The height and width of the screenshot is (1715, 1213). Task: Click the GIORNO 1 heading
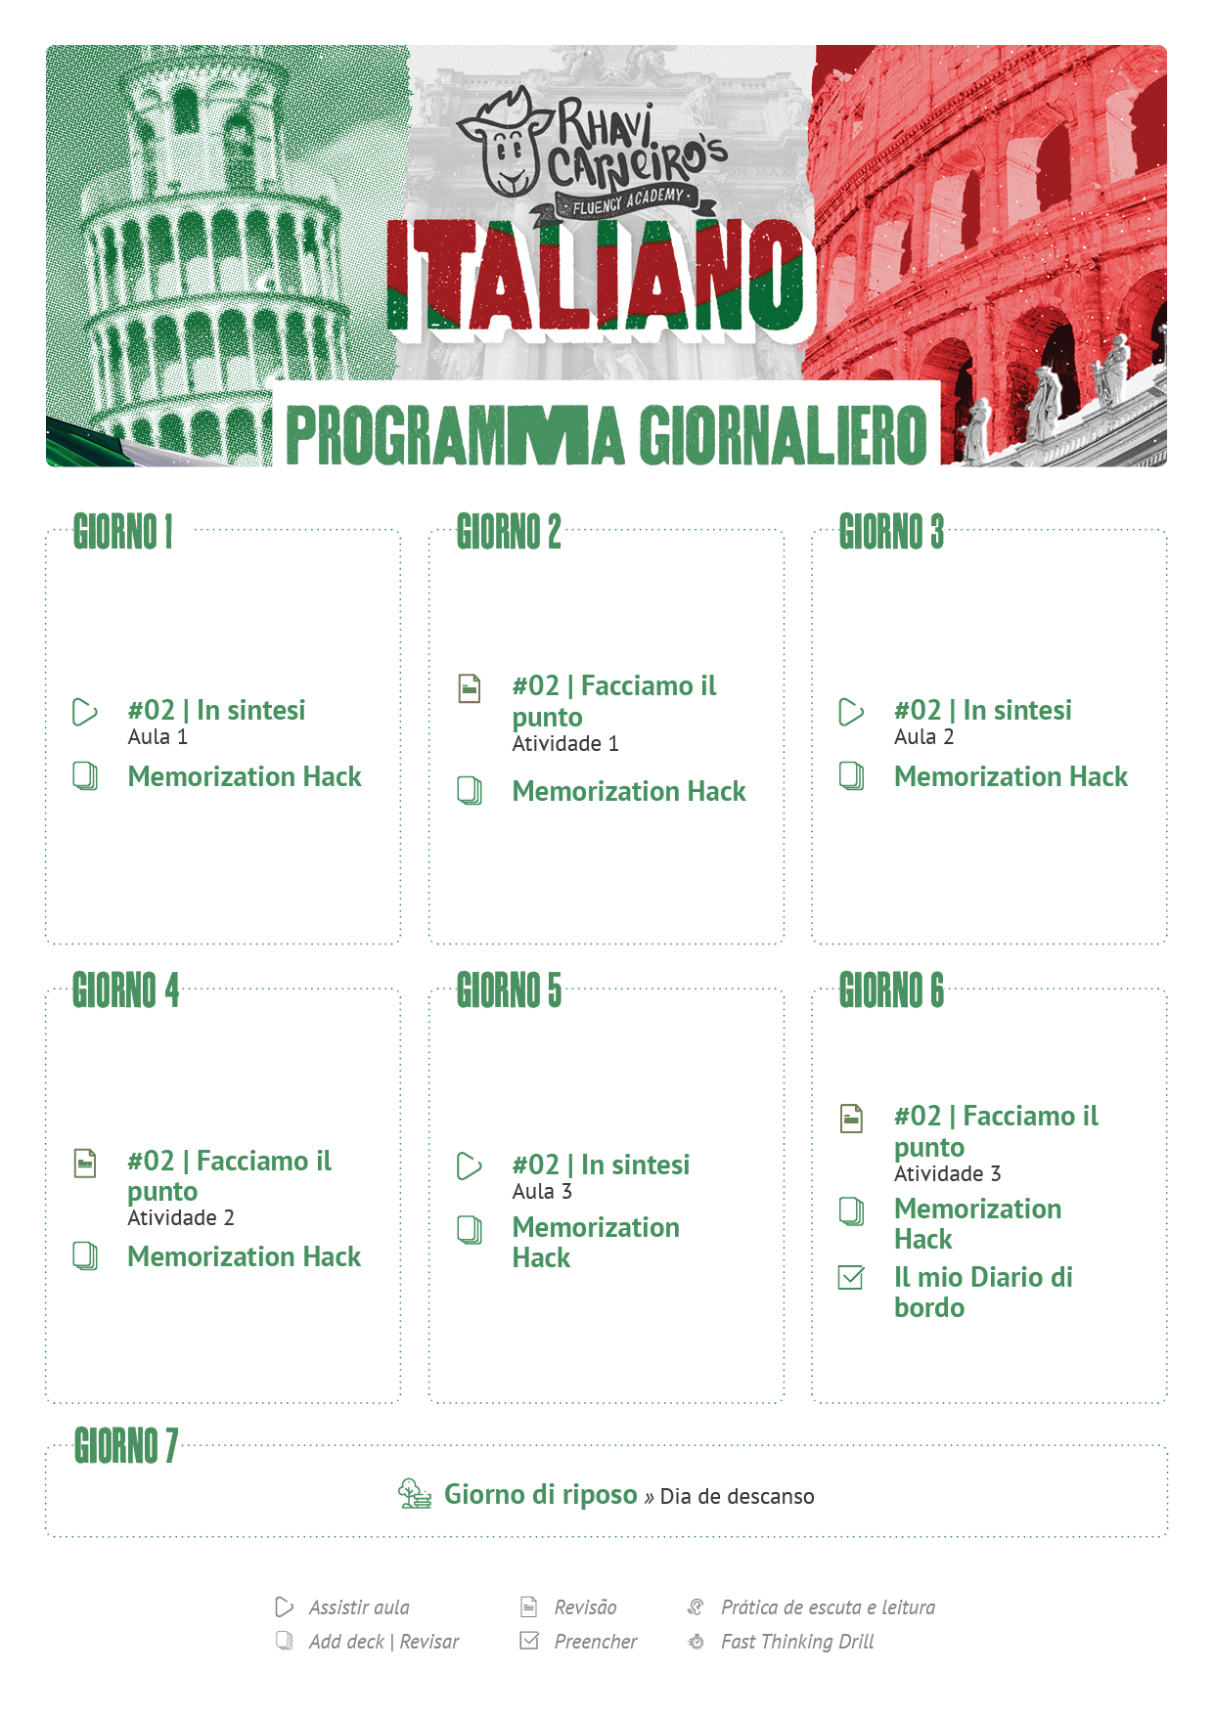coord(123,533)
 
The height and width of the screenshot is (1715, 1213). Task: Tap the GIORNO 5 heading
coord(509,990)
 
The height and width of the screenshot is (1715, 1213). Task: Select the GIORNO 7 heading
coord(126,1446)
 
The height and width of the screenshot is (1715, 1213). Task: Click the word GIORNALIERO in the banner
coord(783,435)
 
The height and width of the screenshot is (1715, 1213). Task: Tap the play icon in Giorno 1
coord(85,712)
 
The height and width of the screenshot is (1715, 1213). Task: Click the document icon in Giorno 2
coord(470,688)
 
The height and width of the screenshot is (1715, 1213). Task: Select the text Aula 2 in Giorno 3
coord(923,737)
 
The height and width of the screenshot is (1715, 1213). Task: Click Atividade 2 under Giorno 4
coord(181,1218)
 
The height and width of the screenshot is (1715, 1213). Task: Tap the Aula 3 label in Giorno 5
coord(542,1192)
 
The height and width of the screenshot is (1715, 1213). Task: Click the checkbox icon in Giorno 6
coord(852,1278)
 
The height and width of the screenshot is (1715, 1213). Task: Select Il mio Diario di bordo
coord(982,1292)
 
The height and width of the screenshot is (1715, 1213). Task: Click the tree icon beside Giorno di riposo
coord(415,1494)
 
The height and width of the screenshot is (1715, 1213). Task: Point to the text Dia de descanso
coord(737,1497)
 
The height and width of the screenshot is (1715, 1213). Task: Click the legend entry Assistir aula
coord(359,1607)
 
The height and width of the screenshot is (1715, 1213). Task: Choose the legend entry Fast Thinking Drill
coord(797,1642)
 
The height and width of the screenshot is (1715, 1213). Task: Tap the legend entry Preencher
coord(595,1642)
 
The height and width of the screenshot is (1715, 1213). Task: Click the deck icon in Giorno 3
coord(852,776)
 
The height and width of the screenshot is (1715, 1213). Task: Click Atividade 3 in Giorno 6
coord(947,1174)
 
